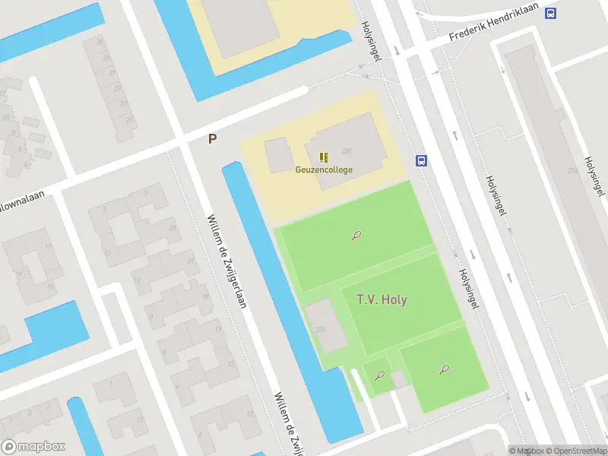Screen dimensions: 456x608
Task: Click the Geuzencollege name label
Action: click(x=324, y=169)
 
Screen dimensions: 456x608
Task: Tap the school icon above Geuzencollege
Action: click(x=324, y=157)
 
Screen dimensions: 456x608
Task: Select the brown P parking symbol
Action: click(x=213, y=139)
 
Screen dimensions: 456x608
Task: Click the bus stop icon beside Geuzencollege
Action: click(x=421, y=160)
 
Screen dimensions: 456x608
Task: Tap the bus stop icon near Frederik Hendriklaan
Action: click(x=550, y=12)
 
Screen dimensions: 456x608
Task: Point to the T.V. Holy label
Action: click(x=382, y=299)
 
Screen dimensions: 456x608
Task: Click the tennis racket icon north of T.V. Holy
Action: click(x=356, y=236)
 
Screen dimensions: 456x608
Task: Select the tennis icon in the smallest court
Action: click(x=379, y=375)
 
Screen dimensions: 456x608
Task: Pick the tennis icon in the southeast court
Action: click(x=443, y=369)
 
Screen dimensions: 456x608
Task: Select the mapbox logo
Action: click(x=33, y=447)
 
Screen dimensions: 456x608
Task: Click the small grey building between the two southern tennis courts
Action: click(x=398, y=378)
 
